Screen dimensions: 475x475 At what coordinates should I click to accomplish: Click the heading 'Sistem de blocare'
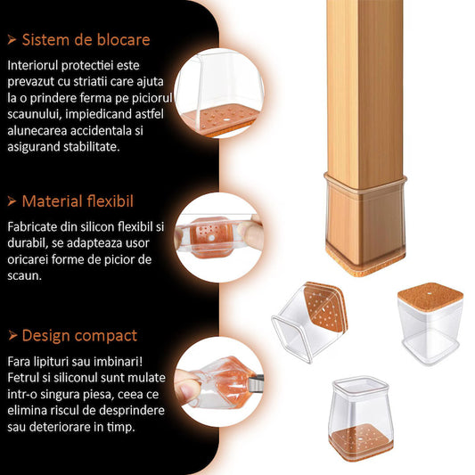point(86,40)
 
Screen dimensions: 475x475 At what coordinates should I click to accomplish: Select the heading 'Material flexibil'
point(78,201)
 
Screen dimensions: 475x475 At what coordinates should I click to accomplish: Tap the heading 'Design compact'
point(79,336)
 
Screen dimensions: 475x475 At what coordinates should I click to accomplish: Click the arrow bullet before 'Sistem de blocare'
point(12,40)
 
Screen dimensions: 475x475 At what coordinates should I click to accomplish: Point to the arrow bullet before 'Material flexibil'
point(12,201)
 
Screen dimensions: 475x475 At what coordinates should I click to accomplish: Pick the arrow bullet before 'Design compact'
point(12,336)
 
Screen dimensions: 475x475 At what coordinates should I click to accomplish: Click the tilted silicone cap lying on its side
point(308,323)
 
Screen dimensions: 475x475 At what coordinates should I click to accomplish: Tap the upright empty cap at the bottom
point(362,416)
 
